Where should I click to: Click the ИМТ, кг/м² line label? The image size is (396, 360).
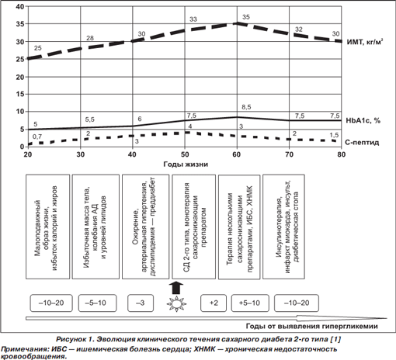tap(365, 42)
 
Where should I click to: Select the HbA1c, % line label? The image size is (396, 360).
tap(363, 120)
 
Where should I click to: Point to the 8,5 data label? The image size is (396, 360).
tap(246, 107)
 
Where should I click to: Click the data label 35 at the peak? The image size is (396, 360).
tap(246, 17)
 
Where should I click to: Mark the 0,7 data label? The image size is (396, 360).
tap(37, 137)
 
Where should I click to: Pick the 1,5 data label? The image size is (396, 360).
tap(334, 135)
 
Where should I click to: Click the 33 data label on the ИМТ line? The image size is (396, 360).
tap(193, 19)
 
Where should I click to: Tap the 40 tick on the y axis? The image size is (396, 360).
tap(20, 6)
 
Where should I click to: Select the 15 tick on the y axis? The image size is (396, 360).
tap(20, 94)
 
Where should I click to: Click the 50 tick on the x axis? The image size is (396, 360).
tap(185, 154)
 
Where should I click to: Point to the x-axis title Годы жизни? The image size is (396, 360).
tap(186, 164)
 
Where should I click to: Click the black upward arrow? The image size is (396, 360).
tap(176, 288)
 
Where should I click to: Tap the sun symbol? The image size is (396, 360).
tap(176, 303)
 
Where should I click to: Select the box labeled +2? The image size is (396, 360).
tap(214, 303)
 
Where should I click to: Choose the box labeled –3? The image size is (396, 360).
tap(141, 303)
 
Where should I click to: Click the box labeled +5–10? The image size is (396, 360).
tap(250, 303)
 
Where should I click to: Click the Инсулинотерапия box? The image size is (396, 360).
tap(283, 227)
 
